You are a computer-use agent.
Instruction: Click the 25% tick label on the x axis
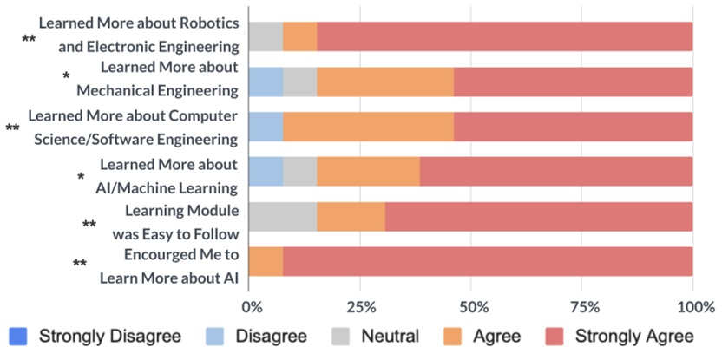(361, 306)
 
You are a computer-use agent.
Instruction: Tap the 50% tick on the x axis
(471, 306)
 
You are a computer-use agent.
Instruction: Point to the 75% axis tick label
(583, 306)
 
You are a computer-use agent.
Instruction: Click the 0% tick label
(251, 306)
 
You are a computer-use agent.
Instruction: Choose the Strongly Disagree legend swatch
(18, 336)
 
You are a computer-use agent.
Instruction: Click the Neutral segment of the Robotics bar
(266, 36)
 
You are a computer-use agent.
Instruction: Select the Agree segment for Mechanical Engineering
(385, 81)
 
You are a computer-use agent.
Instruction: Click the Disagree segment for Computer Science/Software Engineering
(266, 126)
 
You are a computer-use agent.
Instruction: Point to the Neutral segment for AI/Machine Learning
(299, 171)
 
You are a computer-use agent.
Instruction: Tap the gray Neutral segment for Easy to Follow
(283, 216)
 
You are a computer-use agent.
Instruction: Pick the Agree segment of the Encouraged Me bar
(266, 261)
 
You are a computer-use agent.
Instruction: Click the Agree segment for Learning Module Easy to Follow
(351, 216)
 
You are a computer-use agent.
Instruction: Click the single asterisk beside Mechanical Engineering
(66, 78)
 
